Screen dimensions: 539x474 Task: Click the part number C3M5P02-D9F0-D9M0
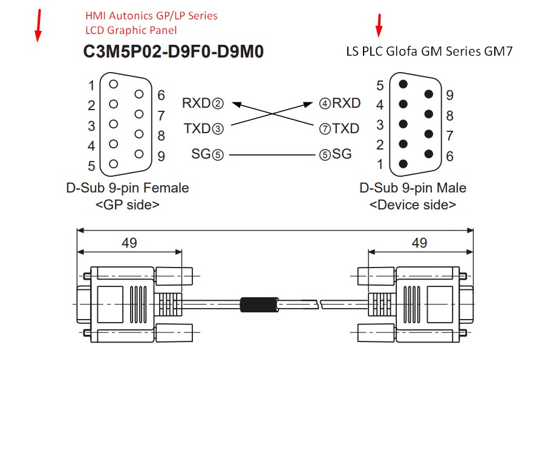coord(174,51)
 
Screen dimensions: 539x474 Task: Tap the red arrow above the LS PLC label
coord(379,25)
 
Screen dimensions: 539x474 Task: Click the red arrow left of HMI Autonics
coord(38,26)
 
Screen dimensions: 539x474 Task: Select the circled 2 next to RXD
coord(218,104)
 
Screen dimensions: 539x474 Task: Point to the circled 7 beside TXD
coord(325,129)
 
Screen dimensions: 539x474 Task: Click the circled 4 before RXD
coord(325,104)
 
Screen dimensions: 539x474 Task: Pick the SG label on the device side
coord(342,154)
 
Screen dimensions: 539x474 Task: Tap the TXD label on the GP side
coord(197,129)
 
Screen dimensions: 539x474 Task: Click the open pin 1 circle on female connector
coord(114,84)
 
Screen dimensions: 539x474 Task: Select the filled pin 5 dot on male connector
coord(403,84)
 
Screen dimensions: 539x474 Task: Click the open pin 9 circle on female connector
coord(139,154)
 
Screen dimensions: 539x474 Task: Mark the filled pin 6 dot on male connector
coord(429,154)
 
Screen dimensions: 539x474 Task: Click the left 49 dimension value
coord(129,243)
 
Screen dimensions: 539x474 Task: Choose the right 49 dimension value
coord(419,243)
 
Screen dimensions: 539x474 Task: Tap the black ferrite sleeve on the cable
coord(259,304)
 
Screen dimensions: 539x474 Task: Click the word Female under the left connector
coord(166,188)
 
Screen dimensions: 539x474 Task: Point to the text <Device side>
coord(413,205)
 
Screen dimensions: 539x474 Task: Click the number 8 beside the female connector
coord(162,136)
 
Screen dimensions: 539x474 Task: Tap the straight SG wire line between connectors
coord(272,155)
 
